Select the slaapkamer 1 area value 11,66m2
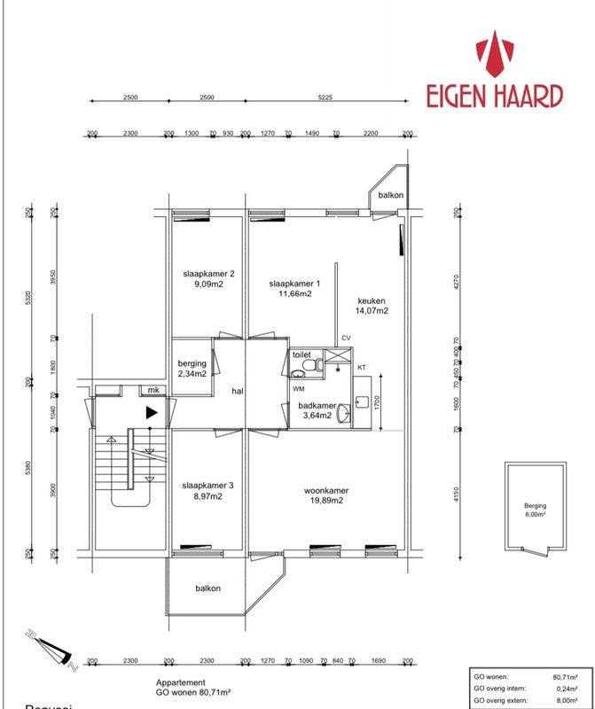[x=294, y=294]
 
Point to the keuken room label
[x=371, y=300]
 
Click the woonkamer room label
[x=325, y=490]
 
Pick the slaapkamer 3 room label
[x=207, y=486]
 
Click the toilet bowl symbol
[x=299, y=371]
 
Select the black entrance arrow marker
[x=152, y=412]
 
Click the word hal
[x=238, y=390]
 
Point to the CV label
[x=346, y=339]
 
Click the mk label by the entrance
[x=153, y=389]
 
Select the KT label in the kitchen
[x=361, y=367]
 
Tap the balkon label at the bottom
[x=207, y=588]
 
